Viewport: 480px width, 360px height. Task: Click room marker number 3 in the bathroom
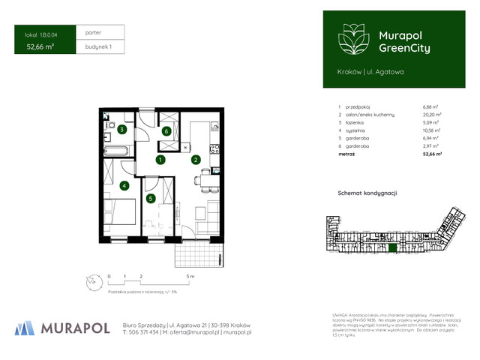(121, 130)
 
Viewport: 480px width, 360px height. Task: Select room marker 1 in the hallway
(160, 160)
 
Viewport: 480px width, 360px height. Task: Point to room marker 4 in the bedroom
(124, 184)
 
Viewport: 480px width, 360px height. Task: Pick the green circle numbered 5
(151, 198)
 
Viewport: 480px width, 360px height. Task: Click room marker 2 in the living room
(196, 160)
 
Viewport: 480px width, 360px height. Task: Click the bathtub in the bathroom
(117, 151)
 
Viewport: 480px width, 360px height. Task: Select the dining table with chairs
(204, 179)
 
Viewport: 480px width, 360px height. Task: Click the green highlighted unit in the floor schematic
(391, 247)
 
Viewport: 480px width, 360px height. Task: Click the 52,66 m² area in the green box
(40, 46)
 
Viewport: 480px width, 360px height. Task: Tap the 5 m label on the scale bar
(192, 277)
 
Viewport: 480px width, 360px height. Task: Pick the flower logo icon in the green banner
(352, 39)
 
